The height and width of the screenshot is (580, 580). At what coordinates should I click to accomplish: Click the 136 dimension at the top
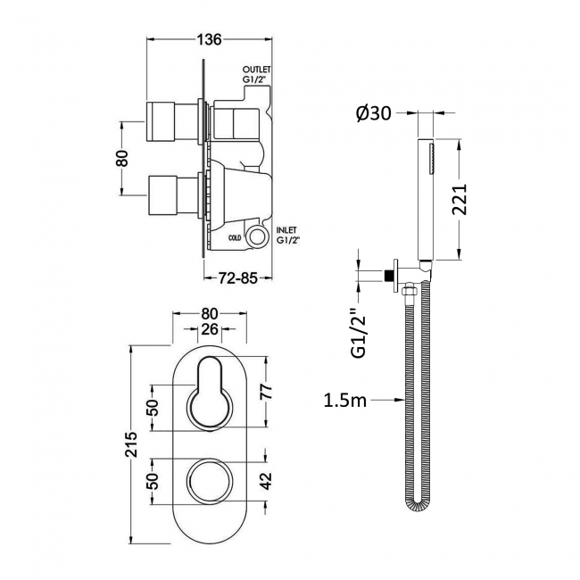pyautogui.click(x=209, y=38)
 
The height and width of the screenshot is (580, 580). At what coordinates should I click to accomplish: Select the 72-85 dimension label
pyautogui.click(x=237, y=278)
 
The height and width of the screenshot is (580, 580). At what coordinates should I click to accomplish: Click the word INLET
pyautogui.click(x=287, y=229)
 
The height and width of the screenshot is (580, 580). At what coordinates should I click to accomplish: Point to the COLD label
pyautogui.click(x=235, y=237)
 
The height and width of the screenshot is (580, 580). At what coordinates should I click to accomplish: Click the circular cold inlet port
pyautogui.click(x=259, y=236)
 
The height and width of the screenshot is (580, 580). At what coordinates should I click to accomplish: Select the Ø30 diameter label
pyautogui.click(x=369, y=113)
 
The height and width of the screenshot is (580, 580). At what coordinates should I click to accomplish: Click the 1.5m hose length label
pyautogui.click(x=345, y=401)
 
